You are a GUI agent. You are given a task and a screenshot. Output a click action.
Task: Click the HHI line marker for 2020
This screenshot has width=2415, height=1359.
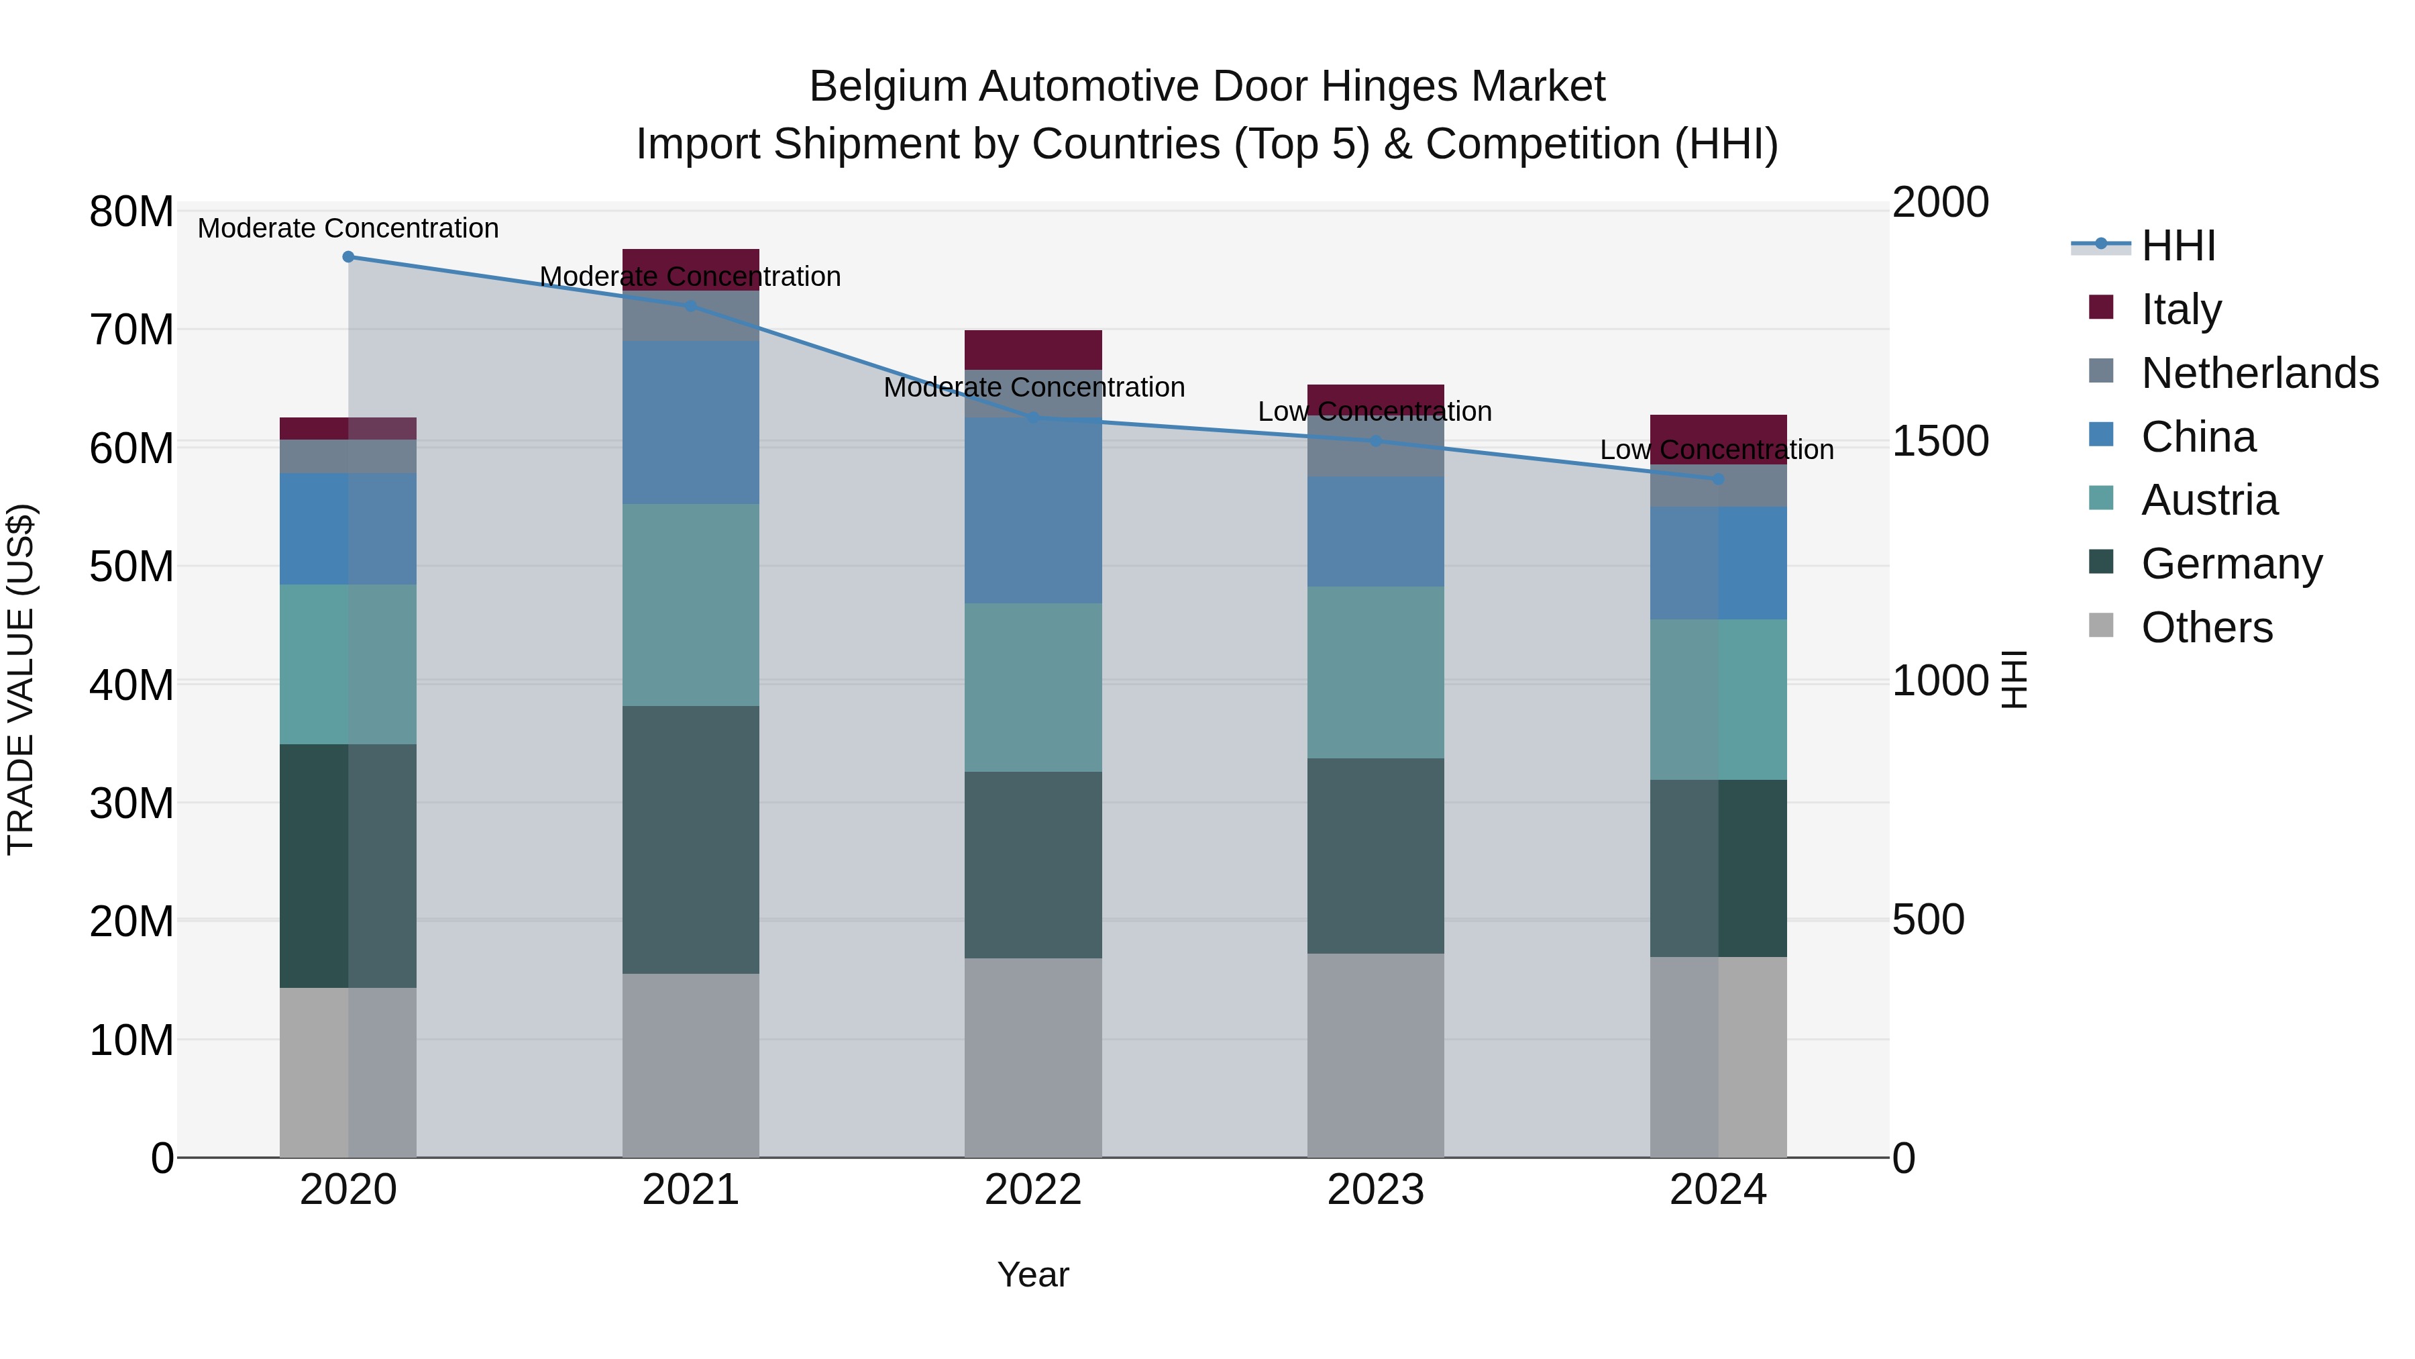tap(347, 257)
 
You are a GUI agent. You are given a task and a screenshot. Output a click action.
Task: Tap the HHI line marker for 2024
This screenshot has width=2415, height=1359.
tap(1717, 479)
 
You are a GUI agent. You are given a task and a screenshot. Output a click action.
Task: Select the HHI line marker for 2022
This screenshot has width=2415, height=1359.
tap(1032, 417)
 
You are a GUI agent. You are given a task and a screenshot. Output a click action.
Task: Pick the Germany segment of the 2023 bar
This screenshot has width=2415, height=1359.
tap(1375, 856)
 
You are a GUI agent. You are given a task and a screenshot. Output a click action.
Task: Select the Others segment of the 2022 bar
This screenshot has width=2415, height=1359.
tap(1032, 1057)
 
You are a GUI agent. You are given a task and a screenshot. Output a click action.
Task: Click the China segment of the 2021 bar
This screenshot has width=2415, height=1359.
tap(690, 422)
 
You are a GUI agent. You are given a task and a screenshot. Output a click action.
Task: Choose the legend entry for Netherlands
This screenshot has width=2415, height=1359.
tap(2259, 373)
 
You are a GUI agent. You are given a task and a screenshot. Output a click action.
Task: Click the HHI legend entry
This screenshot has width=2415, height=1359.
tap(2178, 246)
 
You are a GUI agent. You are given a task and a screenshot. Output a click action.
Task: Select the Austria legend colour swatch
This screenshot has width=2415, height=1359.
tap(2101, 498)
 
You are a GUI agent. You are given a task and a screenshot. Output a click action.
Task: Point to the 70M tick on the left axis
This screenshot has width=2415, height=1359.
tap(131, 330)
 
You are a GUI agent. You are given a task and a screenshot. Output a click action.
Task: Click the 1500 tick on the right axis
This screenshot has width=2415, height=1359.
tap(1939, 441)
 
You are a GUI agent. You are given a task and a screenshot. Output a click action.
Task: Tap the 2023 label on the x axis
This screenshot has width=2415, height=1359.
tap(1375, 1190)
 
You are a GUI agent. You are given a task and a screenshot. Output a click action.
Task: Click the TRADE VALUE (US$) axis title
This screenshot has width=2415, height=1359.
tap(21, 679)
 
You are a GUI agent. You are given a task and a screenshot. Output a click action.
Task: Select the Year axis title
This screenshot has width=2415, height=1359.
tap(1032, 1274)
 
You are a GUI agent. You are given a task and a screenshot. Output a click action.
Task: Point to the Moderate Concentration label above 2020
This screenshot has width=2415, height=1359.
tap(347, 228)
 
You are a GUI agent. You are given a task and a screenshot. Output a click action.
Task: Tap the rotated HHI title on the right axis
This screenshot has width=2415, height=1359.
tap(2014, 679)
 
